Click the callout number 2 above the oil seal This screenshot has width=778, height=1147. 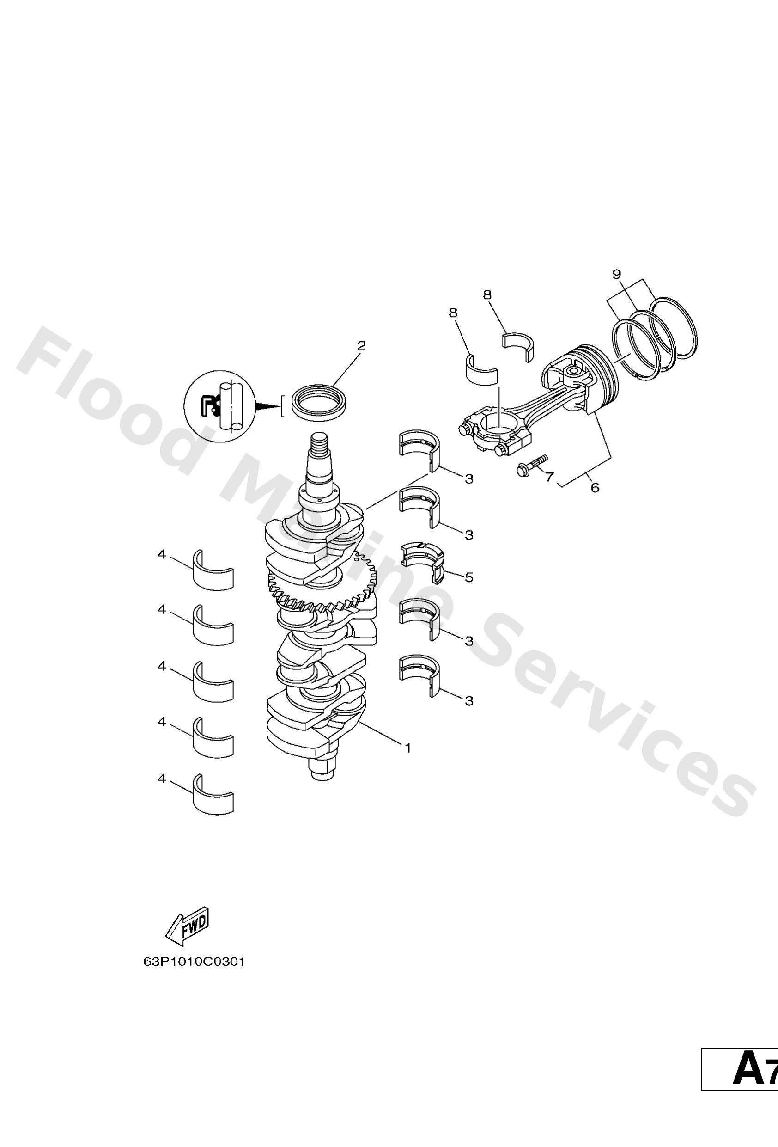(x=361, y=345)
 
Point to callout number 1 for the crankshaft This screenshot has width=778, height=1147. (x=407, y=748)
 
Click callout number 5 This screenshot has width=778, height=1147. (x=468, y=577)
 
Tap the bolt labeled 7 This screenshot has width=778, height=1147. (x=531, y=463)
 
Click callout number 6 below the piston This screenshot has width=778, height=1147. (x=595, y=488)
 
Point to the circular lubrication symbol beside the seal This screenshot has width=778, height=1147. (x=219, y=406)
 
